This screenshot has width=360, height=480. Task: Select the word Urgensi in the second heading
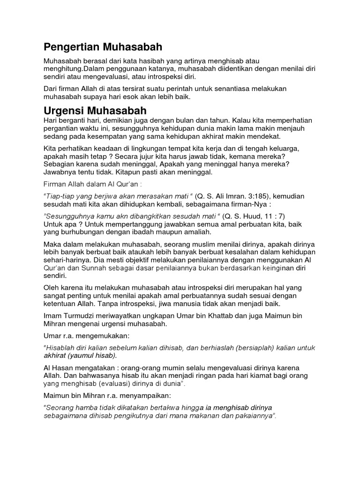coord(62,111)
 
